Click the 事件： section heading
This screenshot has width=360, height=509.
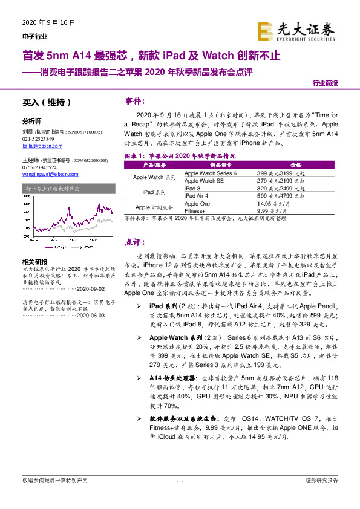pos(136,100)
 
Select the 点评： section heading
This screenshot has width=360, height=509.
pos(136,242)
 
